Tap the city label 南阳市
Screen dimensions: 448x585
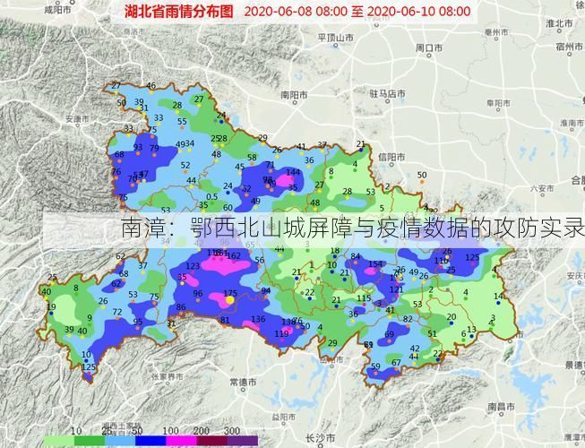[x=294, y=94]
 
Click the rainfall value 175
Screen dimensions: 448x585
[x=230, y=294]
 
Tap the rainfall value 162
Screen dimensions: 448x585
[x=234, y=256]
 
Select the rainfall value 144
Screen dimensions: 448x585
[x=292, y=172]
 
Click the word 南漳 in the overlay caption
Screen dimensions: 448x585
[x=142, y=229]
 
